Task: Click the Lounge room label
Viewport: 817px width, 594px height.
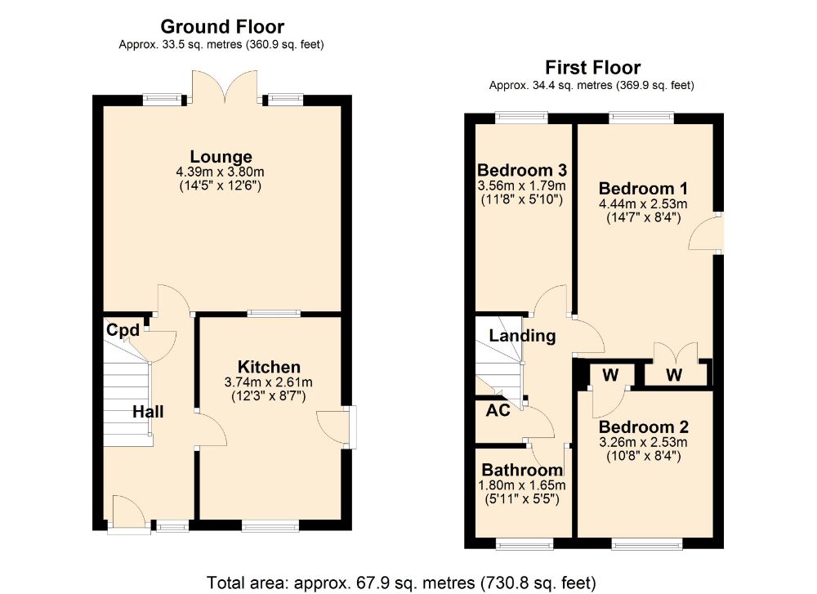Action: pos(221,156)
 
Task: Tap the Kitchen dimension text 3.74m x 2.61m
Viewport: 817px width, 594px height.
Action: pos(268,382)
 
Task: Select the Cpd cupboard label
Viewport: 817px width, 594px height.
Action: pos(123,330)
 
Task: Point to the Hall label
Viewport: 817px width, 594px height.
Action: pos(148,412)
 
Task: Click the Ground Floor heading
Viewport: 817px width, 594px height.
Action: pos(222,27)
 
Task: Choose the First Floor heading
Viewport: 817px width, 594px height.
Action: pos(592,67)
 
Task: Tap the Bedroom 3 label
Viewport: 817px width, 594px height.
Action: pos(522,170)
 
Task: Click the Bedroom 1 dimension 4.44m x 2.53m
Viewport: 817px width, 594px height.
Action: pos(643,203)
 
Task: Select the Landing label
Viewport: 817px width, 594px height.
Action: pos(522,336)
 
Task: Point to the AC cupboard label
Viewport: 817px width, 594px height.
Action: pos(498,411)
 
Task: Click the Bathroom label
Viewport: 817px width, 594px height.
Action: pos(522,470)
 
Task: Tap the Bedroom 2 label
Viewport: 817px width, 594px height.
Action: pos(644,427)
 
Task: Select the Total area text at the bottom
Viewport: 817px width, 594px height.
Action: pos(401,582)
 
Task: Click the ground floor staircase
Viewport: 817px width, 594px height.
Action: pos(127,396)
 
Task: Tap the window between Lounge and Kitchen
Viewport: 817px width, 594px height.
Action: pos(274,313)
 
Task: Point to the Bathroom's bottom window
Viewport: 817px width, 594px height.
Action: pos(525,544)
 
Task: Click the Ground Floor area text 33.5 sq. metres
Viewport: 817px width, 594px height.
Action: pos(221,45)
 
